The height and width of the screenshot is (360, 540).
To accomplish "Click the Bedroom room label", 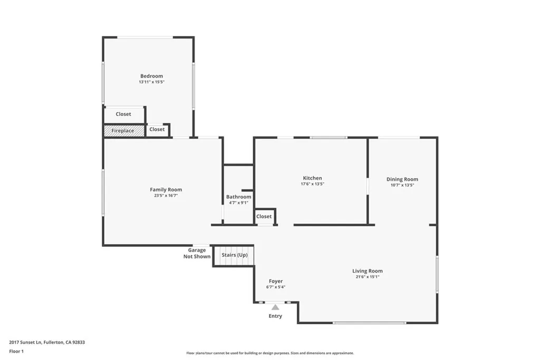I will coord(151,76).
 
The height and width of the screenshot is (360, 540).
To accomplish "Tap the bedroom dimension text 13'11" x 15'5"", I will coord(151,82).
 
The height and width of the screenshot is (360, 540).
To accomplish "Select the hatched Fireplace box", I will coord(123,130).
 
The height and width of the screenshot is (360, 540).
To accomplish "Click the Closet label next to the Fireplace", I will coord(157,129).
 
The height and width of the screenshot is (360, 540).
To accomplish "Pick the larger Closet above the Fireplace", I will coord(123,114).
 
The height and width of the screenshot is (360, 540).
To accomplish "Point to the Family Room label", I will coord(166,190).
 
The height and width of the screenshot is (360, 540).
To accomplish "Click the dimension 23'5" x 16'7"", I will coord(166,196).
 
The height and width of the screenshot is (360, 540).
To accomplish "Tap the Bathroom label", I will coord(238,197).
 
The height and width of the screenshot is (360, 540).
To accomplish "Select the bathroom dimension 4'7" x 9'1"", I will coord(238,203).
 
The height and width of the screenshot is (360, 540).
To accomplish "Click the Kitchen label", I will coord(312,178).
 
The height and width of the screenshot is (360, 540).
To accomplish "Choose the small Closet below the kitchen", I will coord(264,216).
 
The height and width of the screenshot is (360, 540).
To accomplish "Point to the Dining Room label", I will coord(402,179).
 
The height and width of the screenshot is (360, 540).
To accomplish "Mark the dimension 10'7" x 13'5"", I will coord(402,186).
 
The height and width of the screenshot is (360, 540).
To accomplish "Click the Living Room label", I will coord(368,271).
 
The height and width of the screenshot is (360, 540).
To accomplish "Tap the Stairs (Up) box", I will coord(234,255).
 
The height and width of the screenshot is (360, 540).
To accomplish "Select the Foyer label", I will coord(276,281).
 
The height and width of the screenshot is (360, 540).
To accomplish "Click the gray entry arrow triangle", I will coord(275,307).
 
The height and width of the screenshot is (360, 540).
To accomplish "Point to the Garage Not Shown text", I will coord(197,254).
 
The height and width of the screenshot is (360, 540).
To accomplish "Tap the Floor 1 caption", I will coord(16,351).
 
